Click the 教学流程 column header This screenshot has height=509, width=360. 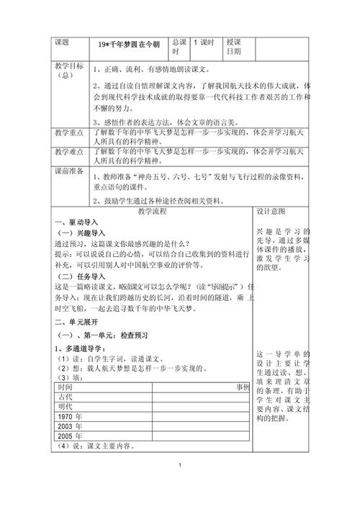click(152, 212)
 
